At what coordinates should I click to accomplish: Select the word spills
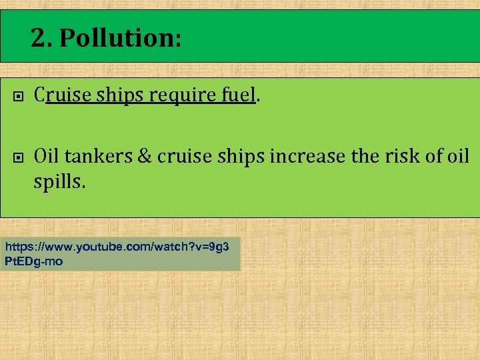(x=59, y=181)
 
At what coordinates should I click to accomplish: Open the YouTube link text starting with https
(x=117, y=247)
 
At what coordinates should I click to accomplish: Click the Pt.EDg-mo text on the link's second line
(x=34, y=261)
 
